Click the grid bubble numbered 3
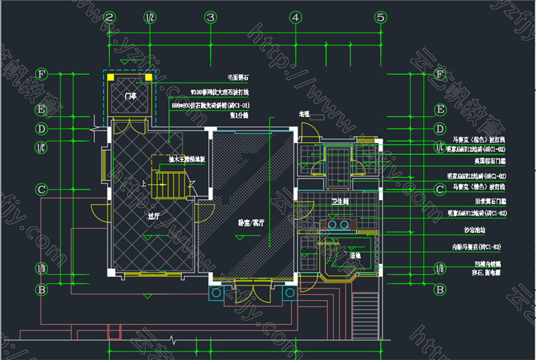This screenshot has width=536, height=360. [211, 17]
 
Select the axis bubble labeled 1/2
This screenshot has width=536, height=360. [149, 17]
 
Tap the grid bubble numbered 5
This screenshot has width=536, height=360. [379, 17]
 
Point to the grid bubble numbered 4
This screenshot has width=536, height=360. [295, 17]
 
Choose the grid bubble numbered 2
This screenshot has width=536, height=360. [109, 17]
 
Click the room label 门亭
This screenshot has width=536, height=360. [131, 96]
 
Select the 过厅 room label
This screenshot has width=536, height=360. [153, 215]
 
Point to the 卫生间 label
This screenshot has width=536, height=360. [342, 201]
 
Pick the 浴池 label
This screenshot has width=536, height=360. [337, 256]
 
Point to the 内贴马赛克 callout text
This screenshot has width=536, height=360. [476, 246]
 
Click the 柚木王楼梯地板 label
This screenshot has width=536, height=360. [186, 159]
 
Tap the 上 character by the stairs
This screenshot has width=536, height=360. [143, 183]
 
